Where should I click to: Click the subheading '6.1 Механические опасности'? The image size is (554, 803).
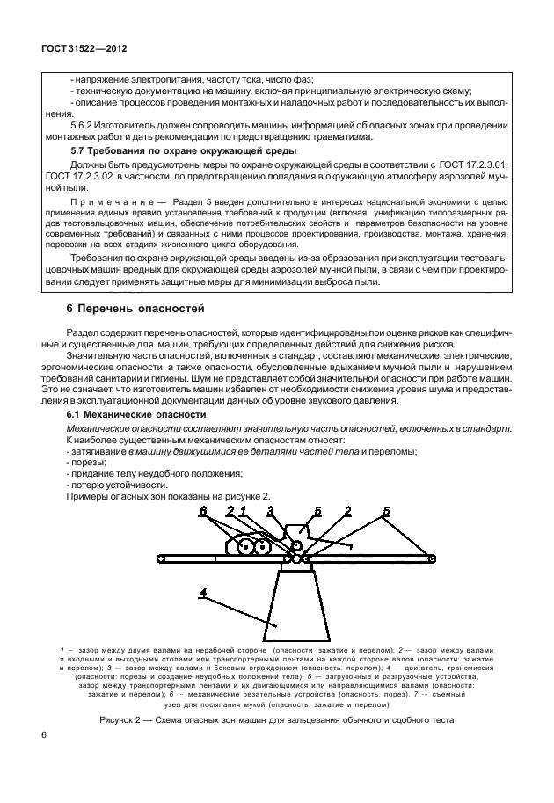tap(136, 413)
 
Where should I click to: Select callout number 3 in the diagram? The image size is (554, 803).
tap(271, 510)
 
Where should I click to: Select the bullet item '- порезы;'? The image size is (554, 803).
tap(88, 463)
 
